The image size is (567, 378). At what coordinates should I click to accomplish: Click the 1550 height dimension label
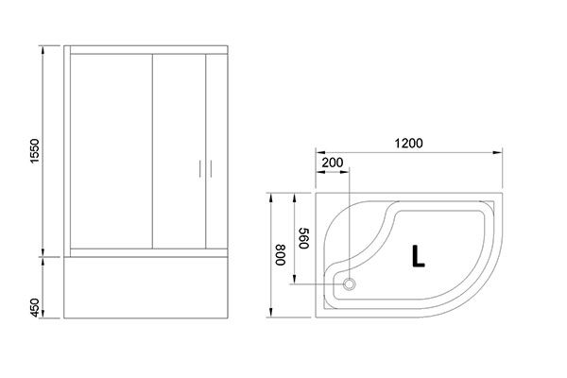(x=34, y=151)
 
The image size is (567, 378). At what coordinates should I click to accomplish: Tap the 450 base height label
(x=34, y=307)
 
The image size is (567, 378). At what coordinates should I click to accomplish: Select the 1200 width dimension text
(x=408, y=144)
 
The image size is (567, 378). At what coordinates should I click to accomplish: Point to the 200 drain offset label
(x=333, y=163)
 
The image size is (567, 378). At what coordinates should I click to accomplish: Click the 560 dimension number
(x=303, y=238)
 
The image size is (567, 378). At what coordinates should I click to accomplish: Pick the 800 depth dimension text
(x=281, y=255)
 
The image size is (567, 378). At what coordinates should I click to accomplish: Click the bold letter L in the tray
(x=418, y=256)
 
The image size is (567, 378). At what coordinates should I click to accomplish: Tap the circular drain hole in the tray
(x=349, y=283)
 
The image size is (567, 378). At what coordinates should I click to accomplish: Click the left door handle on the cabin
(x=200, y=169)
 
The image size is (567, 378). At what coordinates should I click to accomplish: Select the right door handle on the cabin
(x=211, y=169)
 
